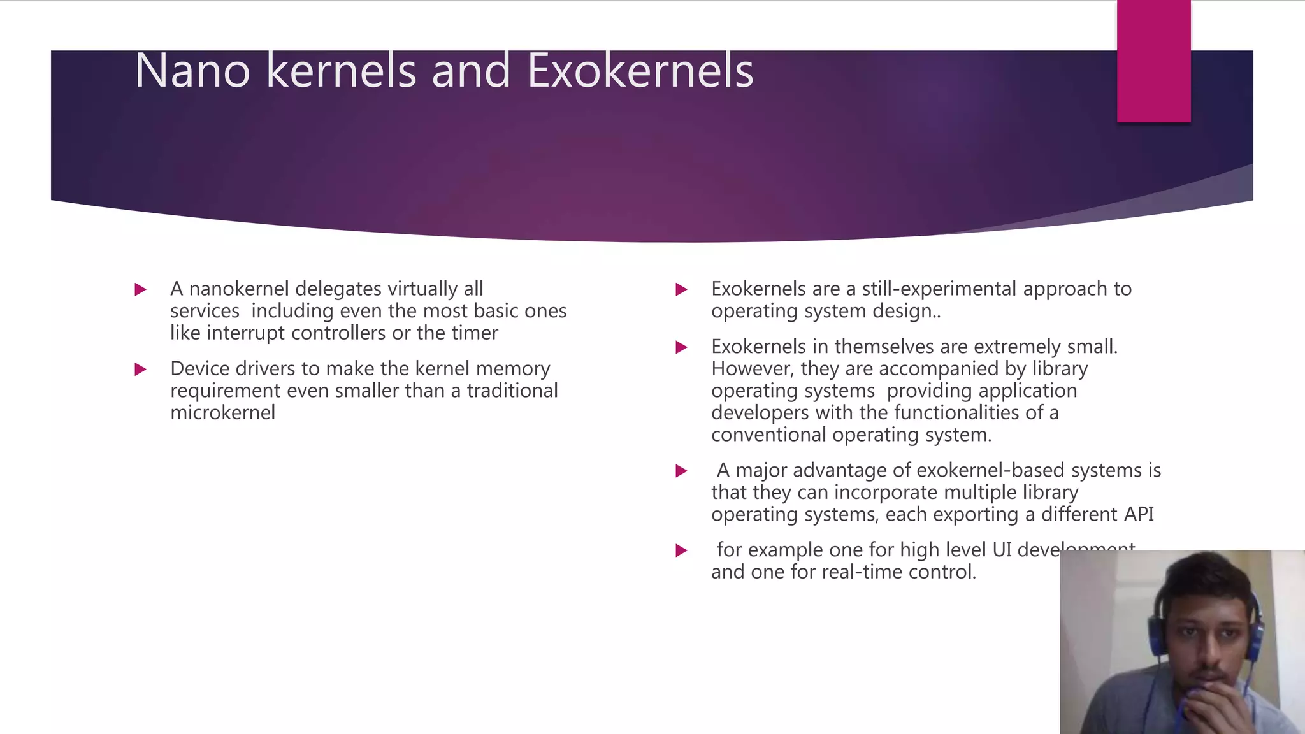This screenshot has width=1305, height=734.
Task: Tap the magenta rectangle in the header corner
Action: (x=1153, y=61)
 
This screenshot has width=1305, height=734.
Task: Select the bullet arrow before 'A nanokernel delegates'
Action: (x=141, y=290)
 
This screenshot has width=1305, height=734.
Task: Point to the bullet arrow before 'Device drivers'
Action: (x=141, y=370)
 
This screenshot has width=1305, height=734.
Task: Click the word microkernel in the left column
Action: (x=222, y=413)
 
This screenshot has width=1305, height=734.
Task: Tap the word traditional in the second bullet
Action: (x=512, y=391)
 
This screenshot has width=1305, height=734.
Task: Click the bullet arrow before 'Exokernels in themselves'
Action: (x=681, y=347)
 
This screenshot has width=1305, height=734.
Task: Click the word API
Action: (x=1138, y=514)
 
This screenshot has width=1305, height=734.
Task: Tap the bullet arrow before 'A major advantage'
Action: (x=681, y=471)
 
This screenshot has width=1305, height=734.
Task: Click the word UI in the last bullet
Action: (x=1002, y=550)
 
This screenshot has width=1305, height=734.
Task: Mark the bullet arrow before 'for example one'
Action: (x=681, y=550)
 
